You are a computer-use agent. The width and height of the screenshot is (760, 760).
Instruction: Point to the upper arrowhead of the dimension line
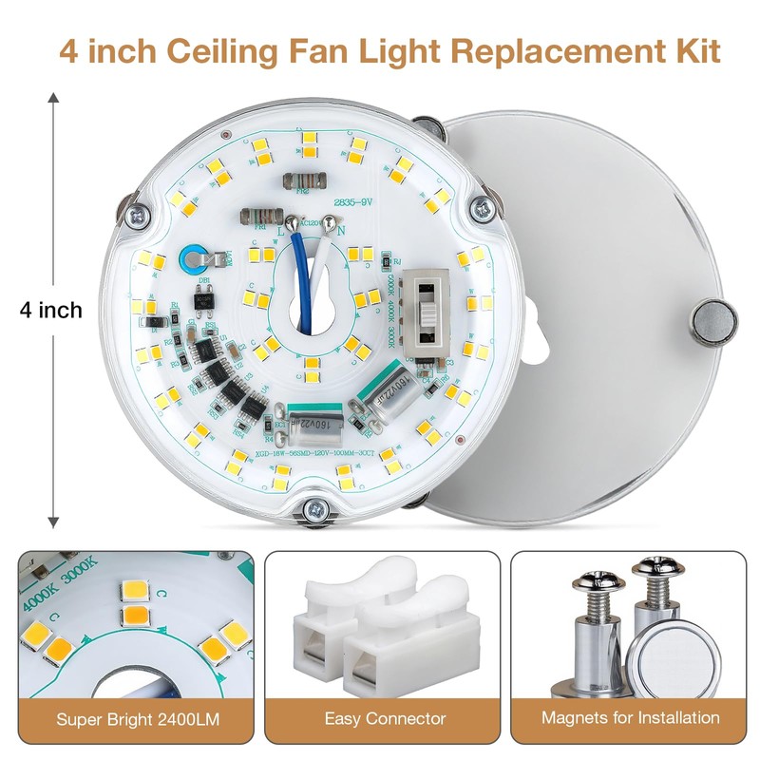coord(54,98)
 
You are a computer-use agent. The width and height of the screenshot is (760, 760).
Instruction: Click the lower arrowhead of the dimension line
coord(54,520)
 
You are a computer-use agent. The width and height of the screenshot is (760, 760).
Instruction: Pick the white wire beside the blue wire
coord(318,275)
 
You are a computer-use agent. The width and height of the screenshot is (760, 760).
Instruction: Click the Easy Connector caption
coord(385,718)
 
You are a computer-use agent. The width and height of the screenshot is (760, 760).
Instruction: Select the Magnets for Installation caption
coord(630,718)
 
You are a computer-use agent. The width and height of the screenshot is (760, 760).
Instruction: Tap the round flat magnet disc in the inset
coord(666,660)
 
